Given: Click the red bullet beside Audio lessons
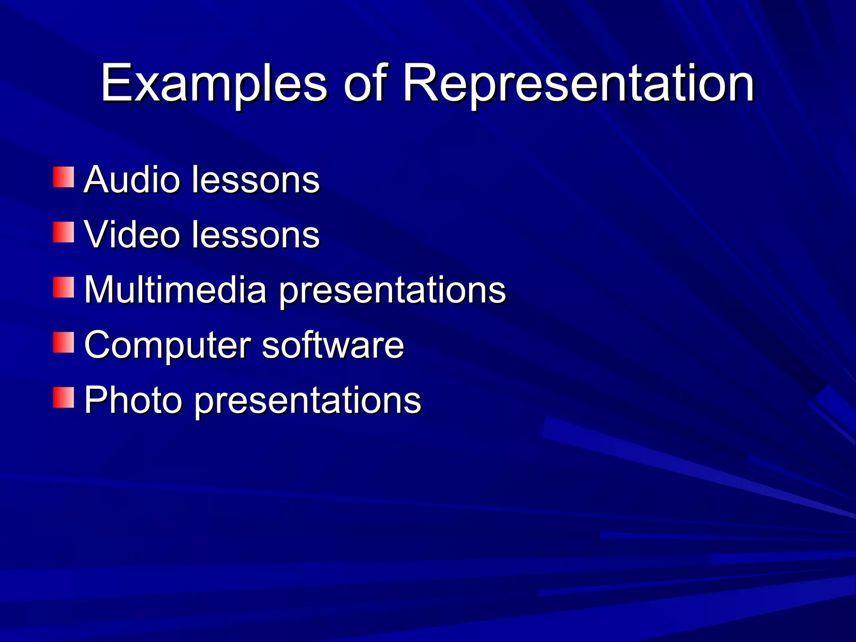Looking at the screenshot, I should [x=64, y=177].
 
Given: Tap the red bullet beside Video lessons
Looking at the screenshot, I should [x=64, y=232].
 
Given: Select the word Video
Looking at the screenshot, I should [x=132, y=234].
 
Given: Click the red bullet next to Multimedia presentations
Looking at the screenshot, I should [x=64, y=287].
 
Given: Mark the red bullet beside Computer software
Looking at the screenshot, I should [x=64, y=342].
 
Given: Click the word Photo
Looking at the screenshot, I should [x=133, y=400].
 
